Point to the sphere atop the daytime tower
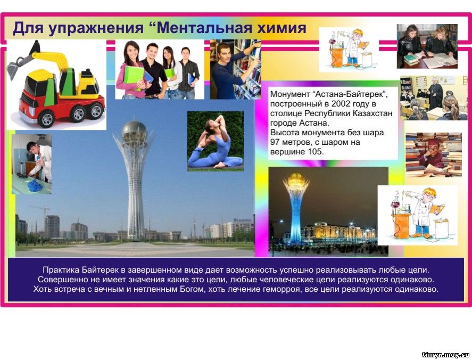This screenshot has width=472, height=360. (134, 130)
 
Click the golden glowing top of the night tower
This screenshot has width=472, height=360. (296, 180)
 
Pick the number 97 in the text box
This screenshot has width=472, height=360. (275, 142)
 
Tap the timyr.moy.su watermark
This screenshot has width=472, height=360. (445, 355)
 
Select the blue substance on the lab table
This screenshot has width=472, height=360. (35, 185)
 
